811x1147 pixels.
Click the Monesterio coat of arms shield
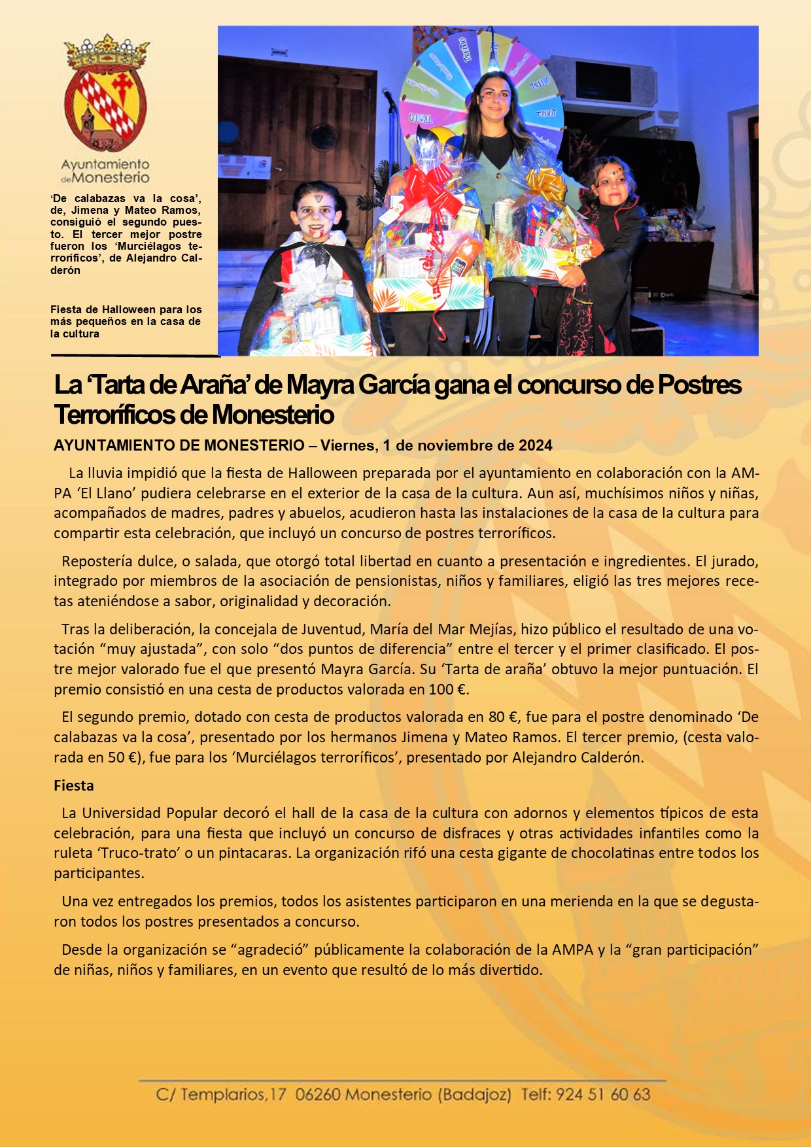pos(105,108)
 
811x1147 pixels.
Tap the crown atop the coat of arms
pos(106,52)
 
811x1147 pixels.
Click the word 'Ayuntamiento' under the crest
pos(105,164)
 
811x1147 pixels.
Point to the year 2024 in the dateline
pos(535,446)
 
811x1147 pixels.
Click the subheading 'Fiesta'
pos(74,785)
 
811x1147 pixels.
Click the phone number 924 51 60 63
pos(602,1095)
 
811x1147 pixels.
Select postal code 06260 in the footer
pos(317,1095)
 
